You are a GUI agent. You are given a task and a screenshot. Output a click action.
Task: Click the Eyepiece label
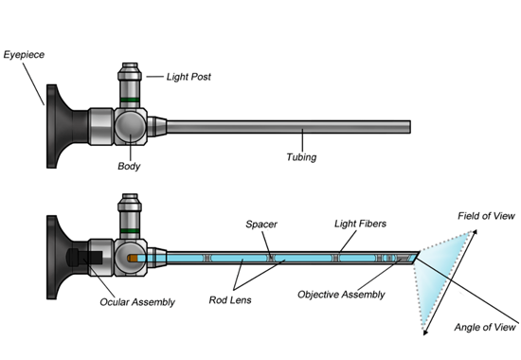(x=26, y=56)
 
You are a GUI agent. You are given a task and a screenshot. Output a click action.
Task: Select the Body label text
(x=129, y=167)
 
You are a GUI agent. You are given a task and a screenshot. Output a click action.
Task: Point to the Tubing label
(x=301, y=157)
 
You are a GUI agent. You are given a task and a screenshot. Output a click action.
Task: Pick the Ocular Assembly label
(x=137, y=302)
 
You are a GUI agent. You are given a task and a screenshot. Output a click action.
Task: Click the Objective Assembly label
(x=342, y=295)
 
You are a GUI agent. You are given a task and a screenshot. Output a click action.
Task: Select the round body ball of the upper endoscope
(x=130, y=126)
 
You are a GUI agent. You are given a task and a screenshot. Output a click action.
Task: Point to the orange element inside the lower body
(x=134, y=258)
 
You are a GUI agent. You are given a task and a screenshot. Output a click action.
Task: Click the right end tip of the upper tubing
(x=409, y=126)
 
